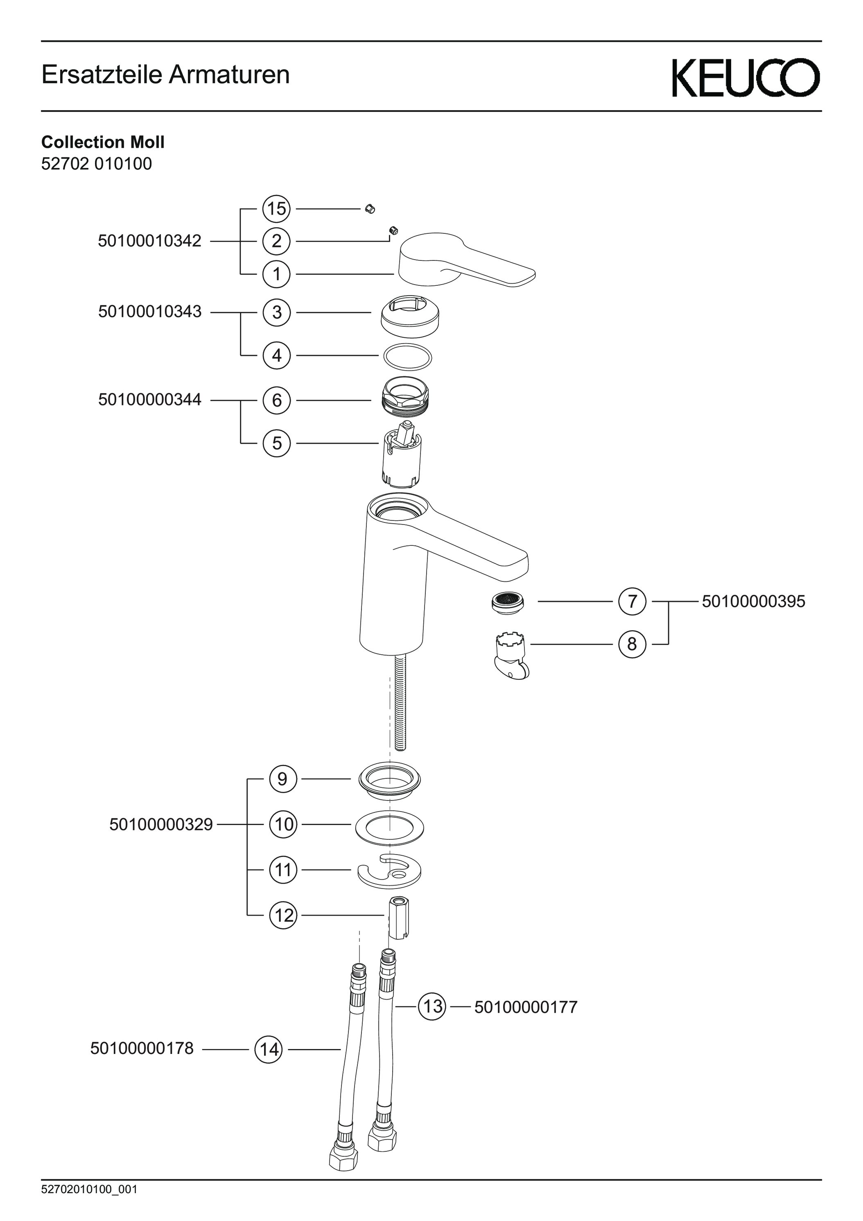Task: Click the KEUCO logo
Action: click(x=746, y=78)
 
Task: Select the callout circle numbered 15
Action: click(x=276, y=208)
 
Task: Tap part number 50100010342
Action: click(x=149, y=242)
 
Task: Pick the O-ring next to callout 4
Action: click(x=407, y=356)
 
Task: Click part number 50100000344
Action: click(x=149, y=400)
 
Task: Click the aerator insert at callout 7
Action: click(x=507, y=602)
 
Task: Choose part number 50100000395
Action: click(x=753, y=601)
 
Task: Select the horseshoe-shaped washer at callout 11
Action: click(x=390, y=871)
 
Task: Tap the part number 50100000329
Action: click(x=161, y=825)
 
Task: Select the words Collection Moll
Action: click(x=103, y=142)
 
